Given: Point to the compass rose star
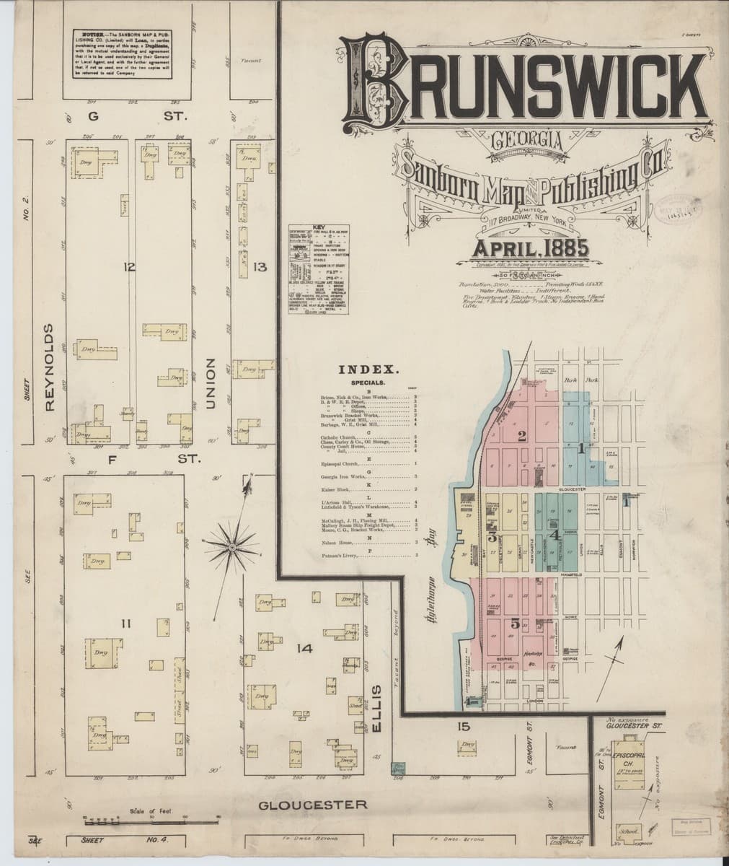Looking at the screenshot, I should click(233, 548).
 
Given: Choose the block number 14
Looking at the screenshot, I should click(304, 649).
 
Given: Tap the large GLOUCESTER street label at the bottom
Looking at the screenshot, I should click(313, 804).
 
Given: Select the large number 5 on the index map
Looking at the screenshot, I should click(515, 624).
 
